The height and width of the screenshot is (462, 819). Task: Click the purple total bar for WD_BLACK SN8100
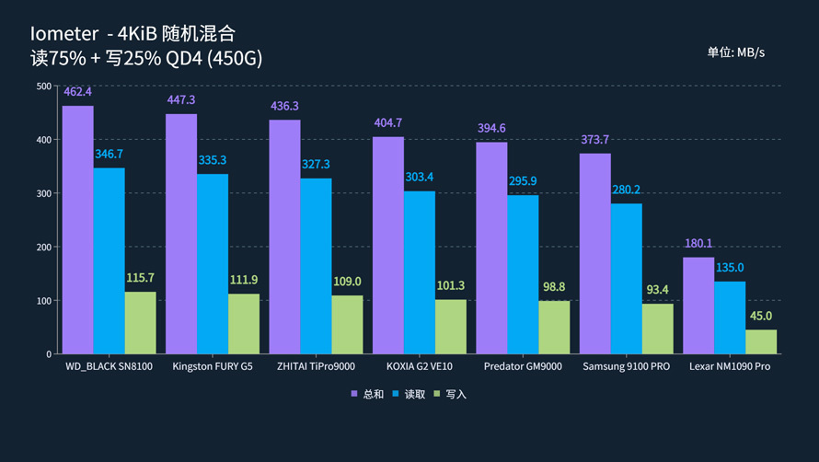(x=77, y=230)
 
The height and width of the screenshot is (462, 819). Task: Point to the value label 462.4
(x=77, y=92)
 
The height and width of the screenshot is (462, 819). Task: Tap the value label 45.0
(x=761, y=316)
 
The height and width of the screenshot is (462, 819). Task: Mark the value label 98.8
(x=554, y=287)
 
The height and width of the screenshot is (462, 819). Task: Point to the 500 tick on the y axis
(x=43, y=87)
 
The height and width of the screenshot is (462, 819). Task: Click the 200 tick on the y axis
(x=43, y=248)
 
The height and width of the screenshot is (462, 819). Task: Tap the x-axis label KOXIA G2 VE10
(x=419, y=366)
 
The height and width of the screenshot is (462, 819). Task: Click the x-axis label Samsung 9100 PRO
(x=626, y=366)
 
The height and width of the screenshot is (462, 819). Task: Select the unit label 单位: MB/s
(x=735, y=52)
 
